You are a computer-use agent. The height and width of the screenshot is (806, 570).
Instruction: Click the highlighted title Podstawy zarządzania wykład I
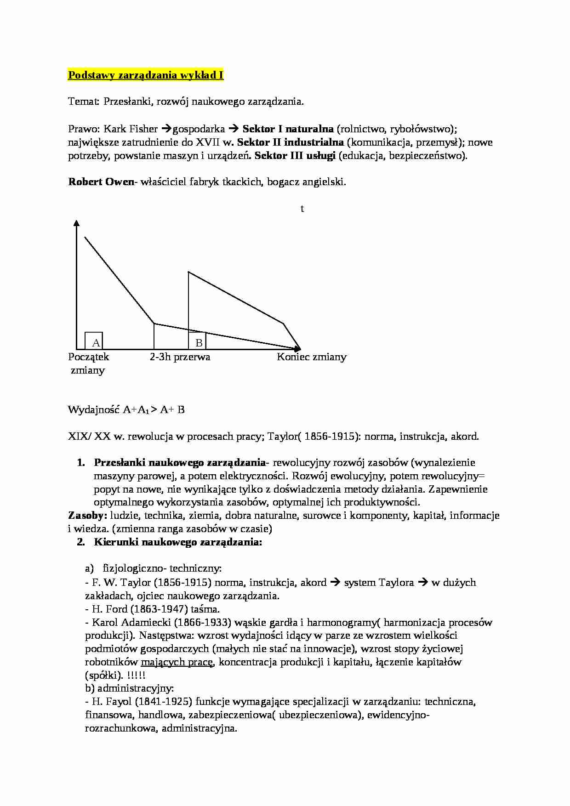click(x=146, y=75)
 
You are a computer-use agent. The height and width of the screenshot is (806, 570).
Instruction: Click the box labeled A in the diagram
click(x=94, y=341)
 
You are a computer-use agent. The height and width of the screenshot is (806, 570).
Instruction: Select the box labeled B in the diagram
click(x=198, y=341)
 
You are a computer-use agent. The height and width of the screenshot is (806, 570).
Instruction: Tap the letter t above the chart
click(x=302, y=209)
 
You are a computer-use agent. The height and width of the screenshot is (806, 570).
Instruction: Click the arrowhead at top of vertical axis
click(x=77, y=223)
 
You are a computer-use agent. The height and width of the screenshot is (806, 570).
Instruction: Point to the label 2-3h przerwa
click(x=180, y=357)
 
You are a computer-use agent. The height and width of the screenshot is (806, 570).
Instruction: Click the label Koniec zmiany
click(x=311, y=357)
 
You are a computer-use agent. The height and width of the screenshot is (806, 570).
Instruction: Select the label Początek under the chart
click(x=89, y=357)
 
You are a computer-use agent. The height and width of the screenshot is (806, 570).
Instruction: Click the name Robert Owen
click(x=100, y=182)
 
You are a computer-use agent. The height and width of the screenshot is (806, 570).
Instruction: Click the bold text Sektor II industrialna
click(x=290, y=142)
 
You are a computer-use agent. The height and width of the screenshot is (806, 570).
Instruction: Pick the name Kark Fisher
click(x=131, y=129)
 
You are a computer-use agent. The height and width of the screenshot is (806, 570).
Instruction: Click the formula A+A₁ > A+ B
click(x=154, y=409)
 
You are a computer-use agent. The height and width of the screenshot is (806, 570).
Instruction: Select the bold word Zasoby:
click(x=88, y=516)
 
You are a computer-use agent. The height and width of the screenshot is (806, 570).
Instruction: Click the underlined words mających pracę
click(x=177, y=662)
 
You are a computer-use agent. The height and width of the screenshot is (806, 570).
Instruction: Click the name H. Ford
click(x=110, y=609)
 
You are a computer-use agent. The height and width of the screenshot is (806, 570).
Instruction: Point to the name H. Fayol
click(x=112, y=702)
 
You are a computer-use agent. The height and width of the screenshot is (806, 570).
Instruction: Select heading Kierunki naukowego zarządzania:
click(x=178, y=542)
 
